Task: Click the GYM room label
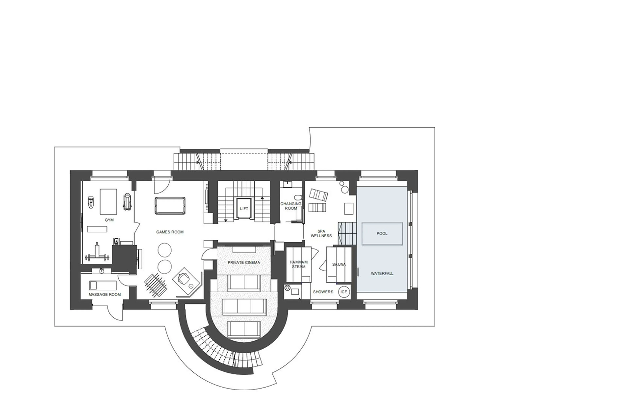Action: point(109,220)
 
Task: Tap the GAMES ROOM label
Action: point(170,232)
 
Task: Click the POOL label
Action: point(382,233)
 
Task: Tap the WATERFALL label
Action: point(382,273)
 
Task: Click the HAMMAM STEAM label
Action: point(298,264)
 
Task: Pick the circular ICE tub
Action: point(344,292)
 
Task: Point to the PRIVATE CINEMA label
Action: point(244,262)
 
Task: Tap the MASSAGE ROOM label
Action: point(105,294)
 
